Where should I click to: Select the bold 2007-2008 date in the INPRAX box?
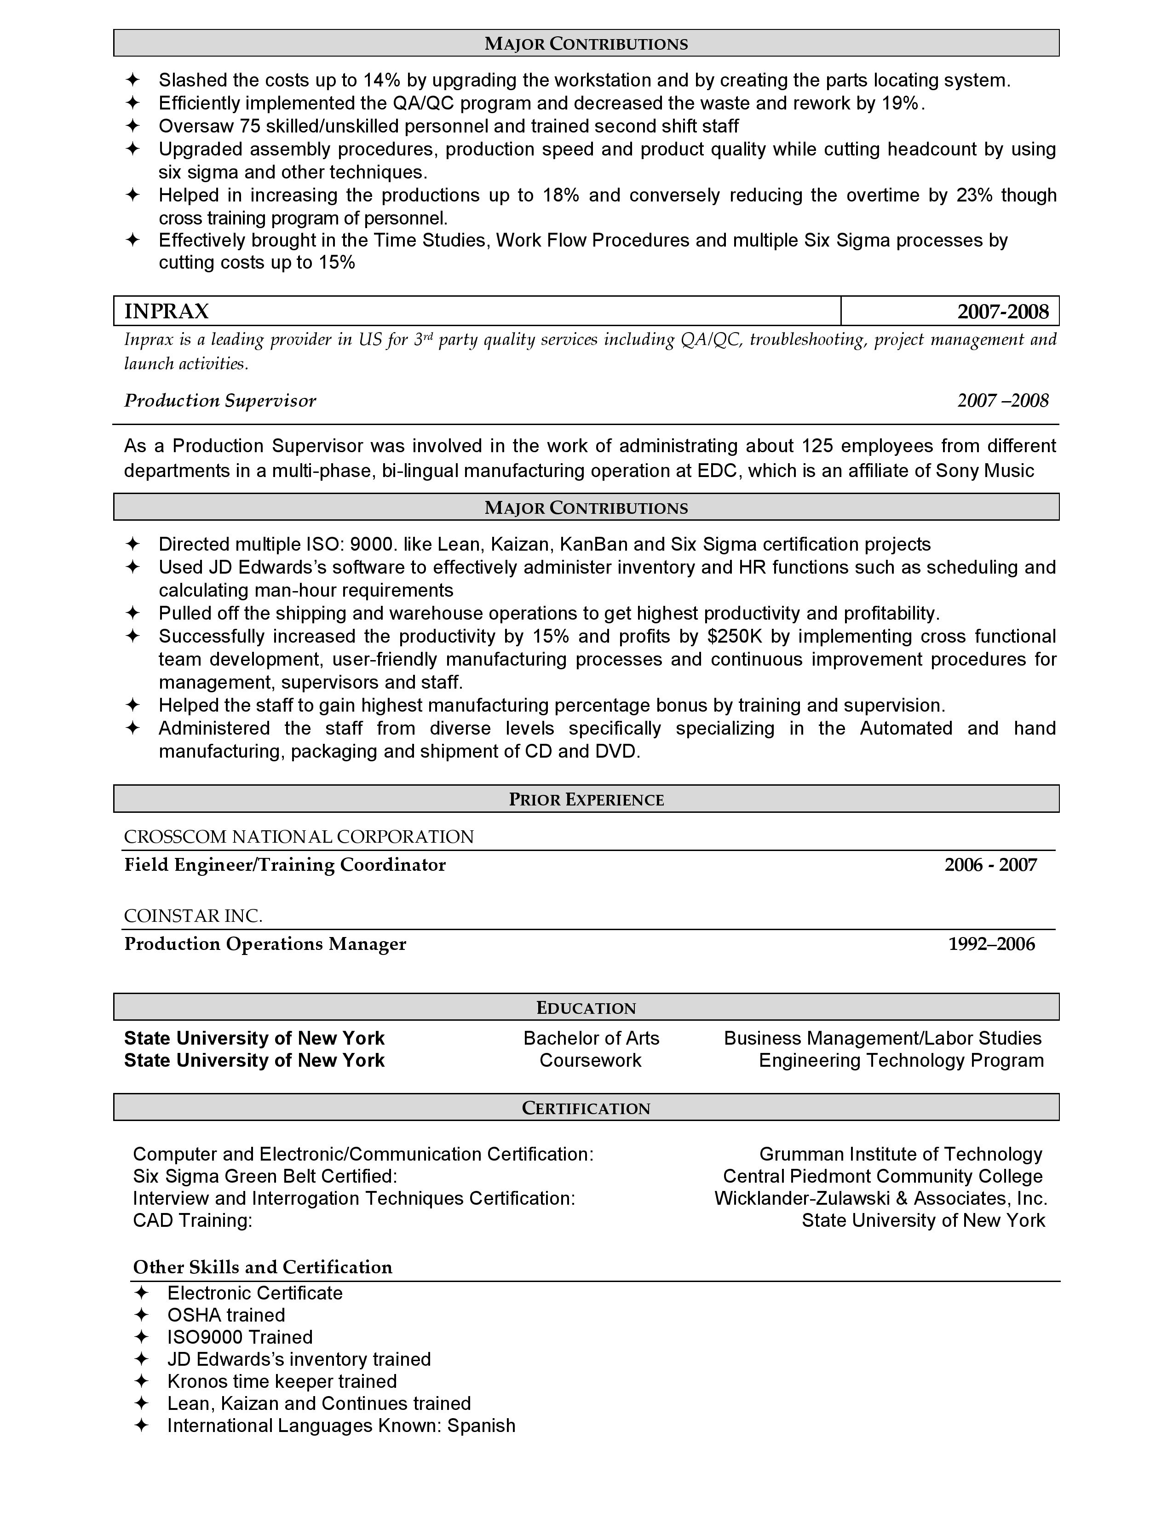point(1002,311)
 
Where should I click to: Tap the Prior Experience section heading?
point(586,799)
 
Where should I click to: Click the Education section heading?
point(586,1008)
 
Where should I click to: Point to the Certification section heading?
point(586,1108)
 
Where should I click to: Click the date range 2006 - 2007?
point(990,865)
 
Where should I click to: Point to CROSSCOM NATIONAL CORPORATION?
point(299,837)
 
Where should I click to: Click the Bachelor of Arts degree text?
point(591,1038)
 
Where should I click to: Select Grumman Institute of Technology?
point(901,1155)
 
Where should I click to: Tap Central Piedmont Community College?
point(883,1177)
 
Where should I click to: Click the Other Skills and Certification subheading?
point(263,1267)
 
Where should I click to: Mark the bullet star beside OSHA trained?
point(141,1315)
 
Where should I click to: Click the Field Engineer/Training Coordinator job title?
point(285,865)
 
